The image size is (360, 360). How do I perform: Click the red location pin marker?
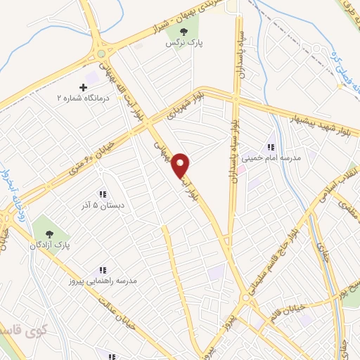pyautogui.click(x=181, y=165)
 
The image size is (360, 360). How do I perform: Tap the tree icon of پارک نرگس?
pyautogui.click(x=184, y=32)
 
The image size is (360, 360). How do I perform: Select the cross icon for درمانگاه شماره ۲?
pyautogui.click(x=84, y=88)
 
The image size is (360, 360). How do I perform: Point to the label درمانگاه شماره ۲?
pyautogui.click(x=84, y=99)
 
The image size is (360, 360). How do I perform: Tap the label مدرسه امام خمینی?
pyautogui.click(x=271, y=158)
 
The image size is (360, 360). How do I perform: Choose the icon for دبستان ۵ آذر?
pyautogui.click(x=102, y=194)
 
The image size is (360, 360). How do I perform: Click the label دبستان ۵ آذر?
pyautogui.click(x=101, y=206)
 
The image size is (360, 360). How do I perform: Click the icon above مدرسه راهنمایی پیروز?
pyautogui.click(x=102, y=269)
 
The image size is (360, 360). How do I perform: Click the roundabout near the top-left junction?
pyautogui.click(x=104, y=52)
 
